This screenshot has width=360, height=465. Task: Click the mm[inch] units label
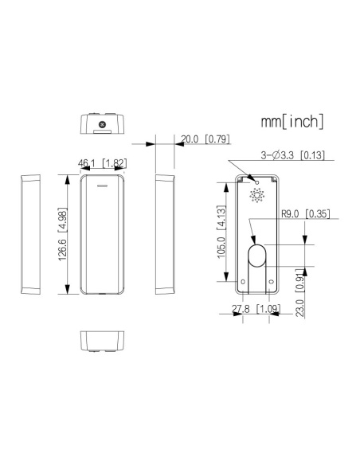click(292, 121)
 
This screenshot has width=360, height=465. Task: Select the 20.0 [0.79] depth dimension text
click(205, 139)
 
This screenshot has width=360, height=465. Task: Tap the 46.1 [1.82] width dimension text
click(102, 163)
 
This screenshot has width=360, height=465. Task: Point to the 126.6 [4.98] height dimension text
click(63, 234)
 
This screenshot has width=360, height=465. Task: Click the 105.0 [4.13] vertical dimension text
click(221, 232)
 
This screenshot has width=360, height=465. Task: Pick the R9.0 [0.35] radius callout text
click(305, 213)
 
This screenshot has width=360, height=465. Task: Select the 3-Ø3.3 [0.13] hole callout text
click(292, 154)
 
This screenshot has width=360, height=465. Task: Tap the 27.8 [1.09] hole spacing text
click(256, 309)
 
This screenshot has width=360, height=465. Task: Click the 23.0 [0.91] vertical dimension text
click(300, 293)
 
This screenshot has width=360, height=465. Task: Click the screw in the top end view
click(103, 124)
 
